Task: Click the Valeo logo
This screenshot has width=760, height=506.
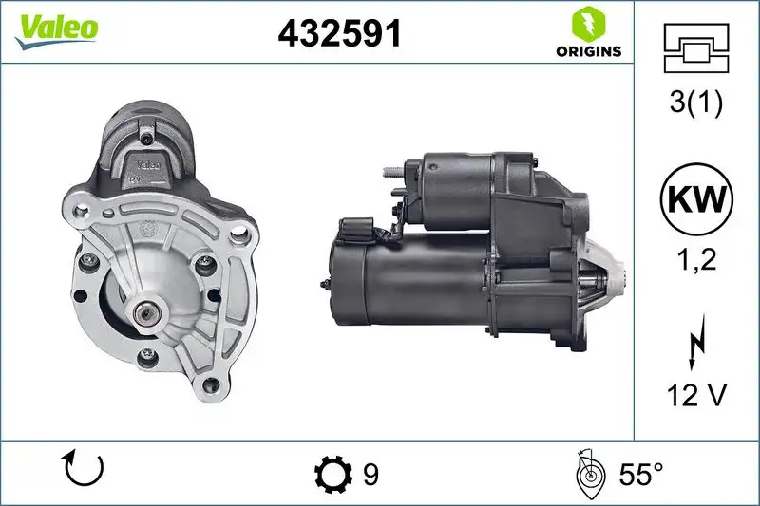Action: pyautogui.click(x=56, y=28)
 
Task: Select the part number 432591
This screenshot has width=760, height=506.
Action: pyautogui.click(x=339, y=34)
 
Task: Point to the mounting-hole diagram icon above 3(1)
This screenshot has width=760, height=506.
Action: pyautogui.click(x=696, y=47)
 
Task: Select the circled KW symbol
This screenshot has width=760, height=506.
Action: pyautogui.click(x=696, y=199)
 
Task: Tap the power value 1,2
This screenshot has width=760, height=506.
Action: pyautogui.click(x=696, y=260)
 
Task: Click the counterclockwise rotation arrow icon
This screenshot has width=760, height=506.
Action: pyautogui.click(x=83, y=469)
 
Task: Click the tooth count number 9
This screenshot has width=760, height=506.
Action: pyautogui.click(x=370, y=474)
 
